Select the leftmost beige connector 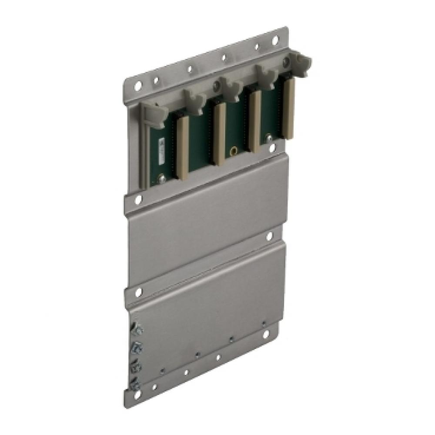click(x=183, y=148)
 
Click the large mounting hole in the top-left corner click(x=137, y=86)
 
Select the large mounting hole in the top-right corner click(x=275, y=40)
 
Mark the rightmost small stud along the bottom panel click(x=264, y=322)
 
